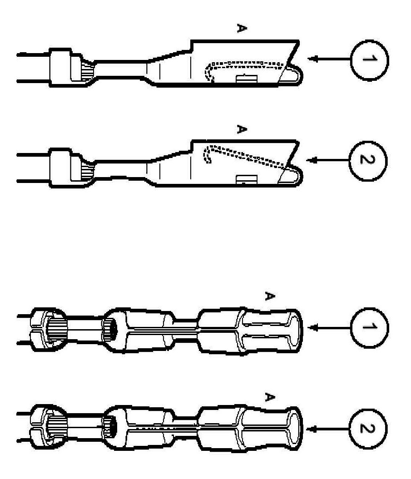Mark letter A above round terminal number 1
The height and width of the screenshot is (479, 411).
coord(269,296)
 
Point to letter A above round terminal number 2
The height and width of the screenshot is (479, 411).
coord(269,398)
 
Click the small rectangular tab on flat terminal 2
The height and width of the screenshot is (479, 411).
coord(244,180)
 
